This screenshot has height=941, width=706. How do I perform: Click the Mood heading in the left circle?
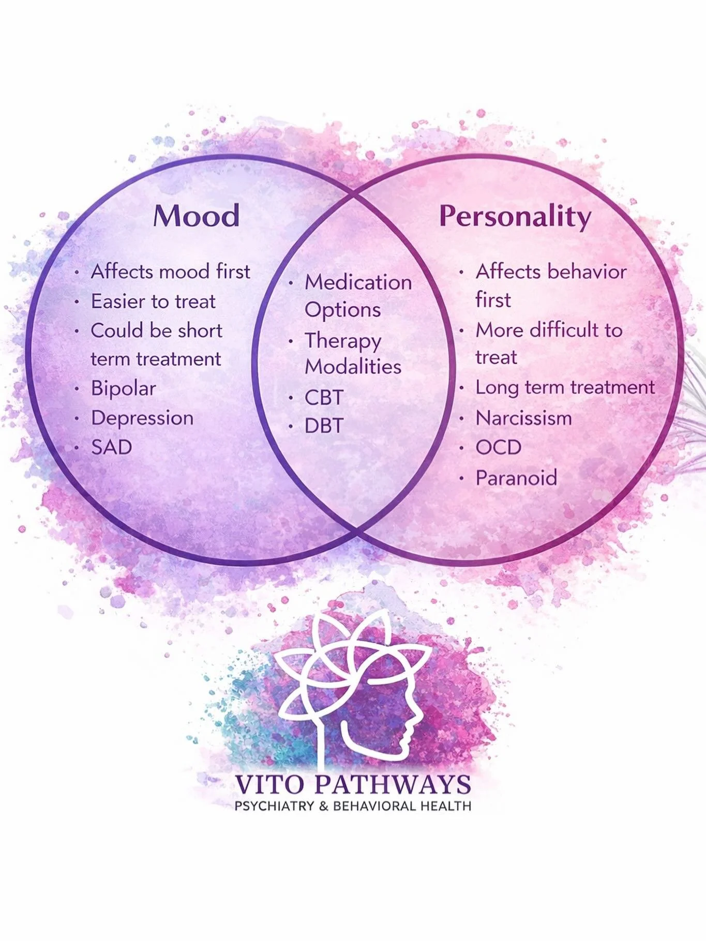197,216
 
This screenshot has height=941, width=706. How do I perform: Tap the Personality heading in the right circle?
515,217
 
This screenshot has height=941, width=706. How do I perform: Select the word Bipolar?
123,388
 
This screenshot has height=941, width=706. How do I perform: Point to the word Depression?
142,418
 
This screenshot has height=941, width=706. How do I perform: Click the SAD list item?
111,447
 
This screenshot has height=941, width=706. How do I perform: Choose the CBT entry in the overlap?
324,398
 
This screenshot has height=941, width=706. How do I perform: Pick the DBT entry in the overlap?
324,426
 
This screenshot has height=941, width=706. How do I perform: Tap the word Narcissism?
523,418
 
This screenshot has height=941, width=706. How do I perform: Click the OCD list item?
498,447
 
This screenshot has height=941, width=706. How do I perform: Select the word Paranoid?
516,478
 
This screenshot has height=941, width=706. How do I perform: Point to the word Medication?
358,282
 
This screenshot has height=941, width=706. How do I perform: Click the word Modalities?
353,367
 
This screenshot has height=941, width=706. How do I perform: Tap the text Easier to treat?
153,301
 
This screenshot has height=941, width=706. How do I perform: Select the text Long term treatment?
565,387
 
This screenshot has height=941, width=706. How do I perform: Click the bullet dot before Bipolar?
77,389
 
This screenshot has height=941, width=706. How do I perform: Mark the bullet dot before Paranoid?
461,478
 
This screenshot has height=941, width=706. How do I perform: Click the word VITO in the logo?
269,785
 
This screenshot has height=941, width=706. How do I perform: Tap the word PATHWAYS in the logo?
393,785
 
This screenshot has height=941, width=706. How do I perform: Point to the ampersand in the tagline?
324,806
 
